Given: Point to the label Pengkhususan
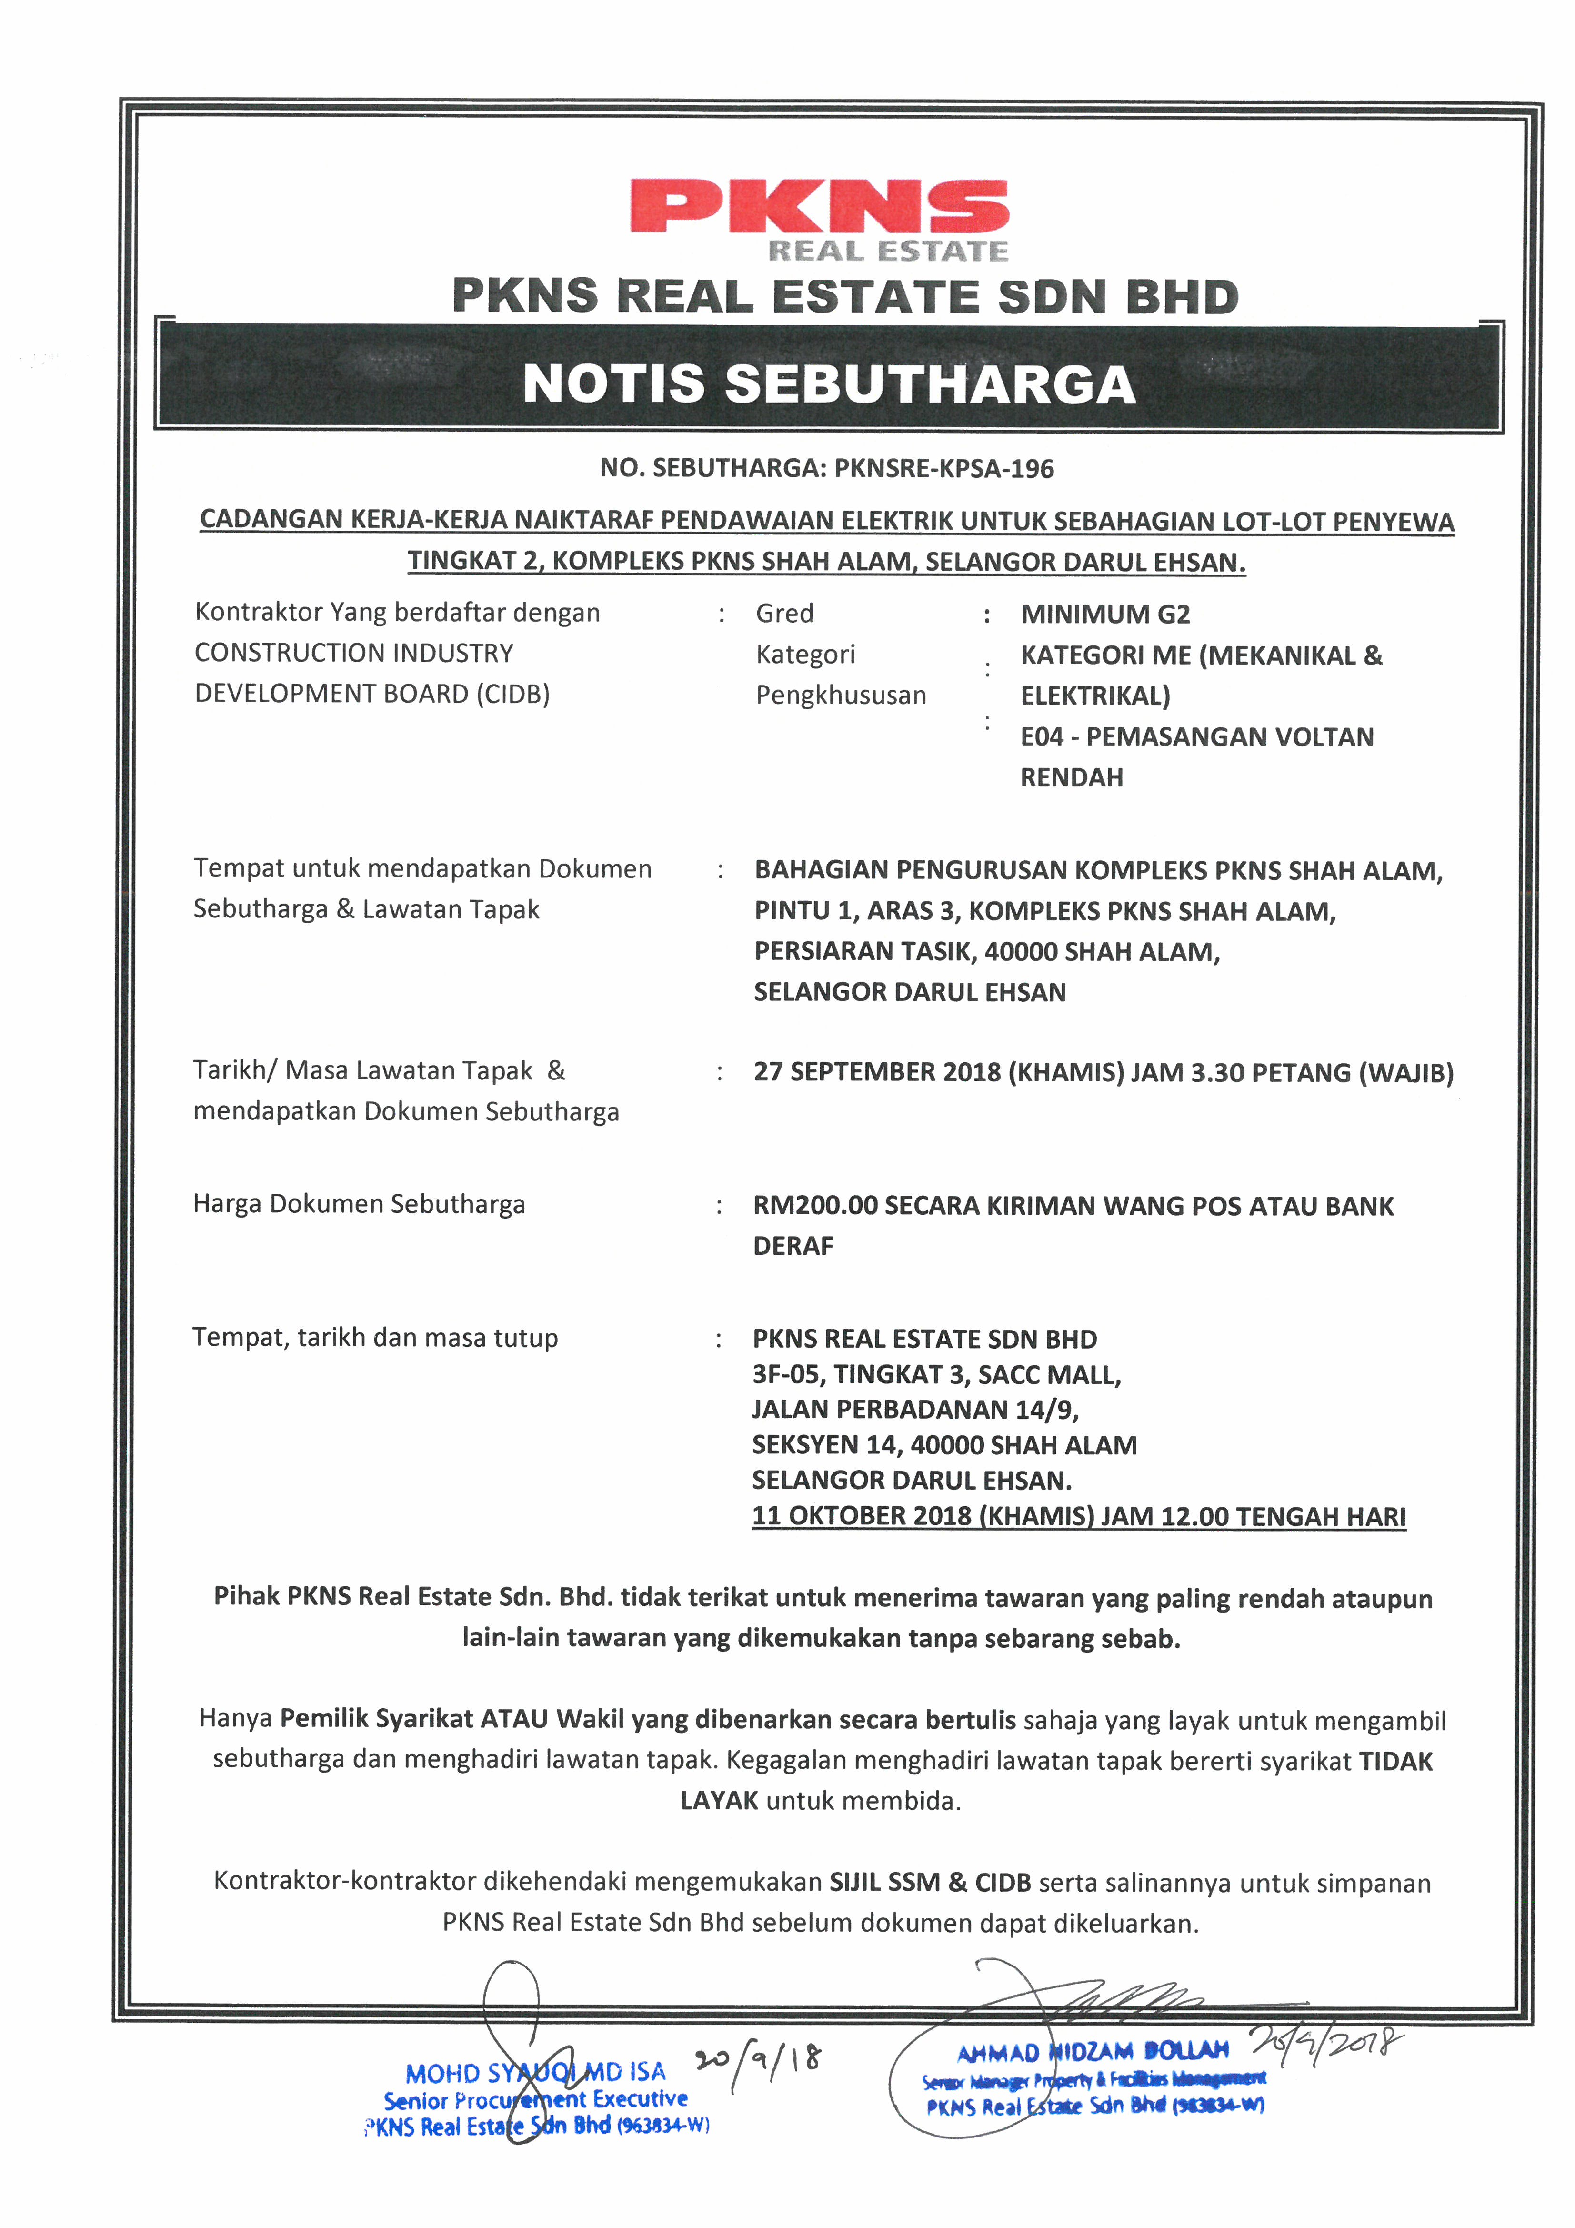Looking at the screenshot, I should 841,695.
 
